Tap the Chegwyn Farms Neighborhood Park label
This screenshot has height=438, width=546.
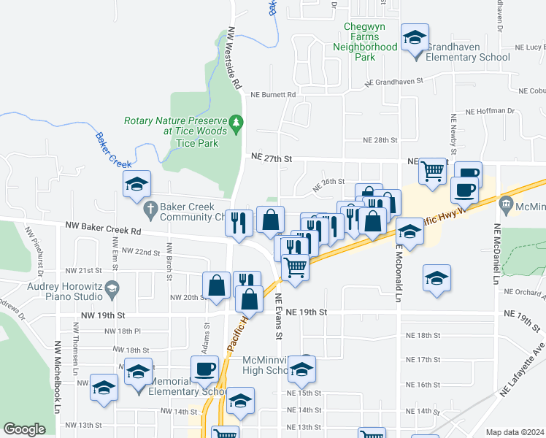point(364,42)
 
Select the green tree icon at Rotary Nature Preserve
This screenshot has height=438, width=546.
point(235,121)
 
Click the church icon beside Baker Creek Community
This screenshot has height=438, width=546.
point(150,208)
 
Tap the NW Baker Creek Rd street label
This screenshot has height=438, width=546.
point(101,230)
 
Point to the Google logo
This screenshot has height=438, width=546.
point(24,429)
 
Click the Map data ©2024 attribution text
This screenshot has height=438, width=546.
point(515,432)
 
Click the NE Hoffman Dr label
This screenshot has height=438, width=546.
point(489,111)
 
